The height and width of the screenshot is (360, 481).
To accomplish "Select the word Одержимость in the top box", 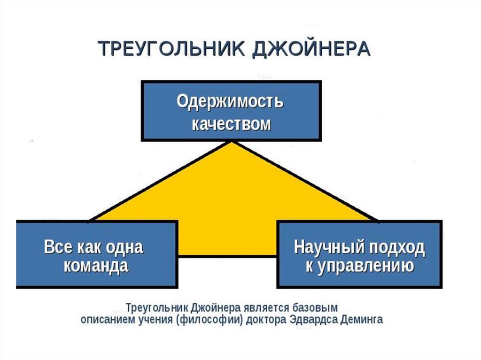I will click(230, 102).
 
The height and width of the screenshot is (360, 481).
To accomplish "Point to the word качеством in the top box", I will click(231, 124).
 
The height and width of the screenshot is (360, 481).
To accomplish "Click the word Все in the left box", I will click(57, 247).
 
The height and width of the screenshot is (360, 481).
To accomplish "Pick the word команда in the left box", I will click(96, 267).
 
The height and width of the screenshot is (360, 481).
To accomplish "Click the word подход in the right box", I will click(395, 247).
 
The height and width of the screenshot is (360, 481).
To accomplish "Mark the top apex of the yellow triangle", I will click(231, 142).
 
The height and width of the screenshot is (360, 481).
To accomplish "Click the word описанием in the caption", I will click(107, 320).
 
